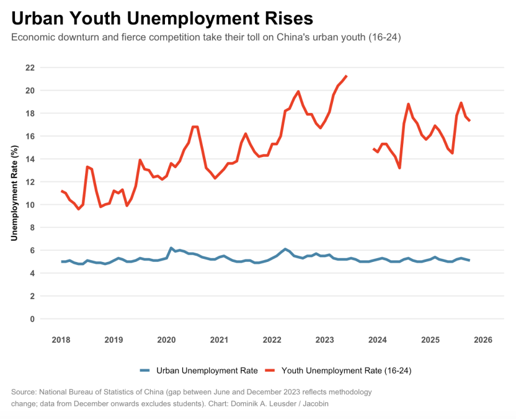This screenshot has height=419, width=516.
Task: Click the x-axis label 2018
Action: [x=61, y=340]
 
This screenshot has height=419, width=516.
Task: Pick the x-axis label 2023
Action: [x=324, y=340]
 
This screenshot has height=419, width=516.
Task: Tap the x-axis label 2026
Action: [x=483, y=340]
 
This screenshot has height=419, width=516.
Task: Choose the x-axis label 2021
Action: [x=219, y=340]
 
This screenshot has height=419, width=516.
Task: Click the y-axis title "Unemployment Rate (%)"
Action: [x=14, y=193]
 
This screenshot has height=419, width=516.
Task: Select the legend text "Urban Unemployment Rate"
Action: [x=207, y=371]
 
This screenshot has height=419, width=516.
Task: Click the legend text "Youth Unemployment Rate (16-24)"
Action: [x=347, y=371]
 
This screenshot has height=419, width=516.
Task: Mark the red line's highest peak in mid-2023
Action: [x=346, y=76]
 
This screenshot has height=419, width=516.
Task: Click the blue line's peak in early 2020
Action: [x=171, y=248]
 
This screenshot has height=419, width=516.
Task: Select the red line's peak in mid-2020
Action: [x=195, y=127]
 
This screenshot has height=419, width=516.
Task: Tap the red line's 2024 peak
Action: [x=409, y=104]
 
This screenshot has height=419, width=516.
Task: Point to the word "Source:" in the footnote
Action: [x=24, y=392]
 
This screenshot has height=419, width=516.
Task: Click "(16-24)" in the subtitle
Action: [x=385, y=38]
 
